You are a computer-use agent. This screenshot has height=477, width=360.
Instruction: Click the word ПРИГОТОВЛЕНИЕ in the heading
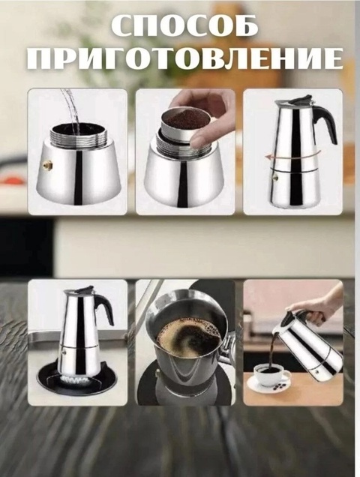(x=179, y=60)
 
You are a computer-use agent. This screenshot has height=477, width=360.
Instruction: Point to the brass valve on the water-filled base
(x=46, y=163)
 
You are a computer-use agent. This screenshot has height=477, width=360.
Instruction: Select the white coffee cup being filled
(x=267, y=373)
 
